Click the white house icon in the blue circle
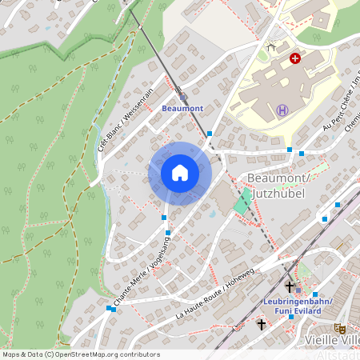click(x=180, y=173)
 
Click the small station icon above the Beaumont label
click(x=182, y=95)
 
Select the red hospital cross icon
click(x=295, y=58)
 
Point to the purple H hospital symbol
click(x=282, y=110)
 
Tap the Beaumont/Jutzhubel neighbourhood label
click(x=278, y=186)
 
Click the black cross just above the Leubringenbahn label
click(x=289, y=286)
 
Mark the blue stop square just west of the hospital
click(x=210, y=134)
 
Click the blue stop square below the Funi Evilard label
click(x=291, y=317)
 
